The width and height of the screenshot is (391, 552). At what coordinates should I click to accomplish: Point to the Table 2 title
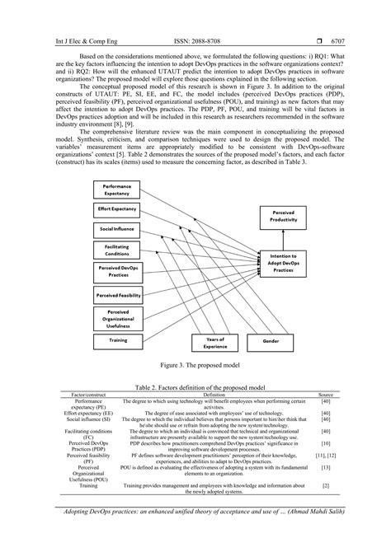195,386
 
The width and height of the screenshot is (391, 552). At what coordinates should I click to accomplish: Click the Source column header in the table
326,395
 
